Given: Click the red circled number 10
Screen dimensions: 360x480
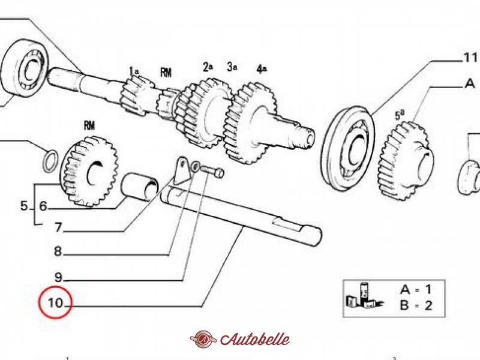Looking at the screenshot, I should [x=55, y=304].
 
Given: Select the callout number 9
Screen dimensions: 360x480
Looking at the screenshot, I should [x=58, y=277].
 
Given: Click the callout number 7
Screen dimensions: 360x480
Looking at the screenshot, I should [x=58, y=228].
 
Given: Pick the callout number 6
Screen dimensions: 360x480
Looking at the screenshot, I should [x=43, y=206].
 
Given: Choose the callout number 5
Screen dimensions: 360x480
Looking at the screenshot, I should [x=24, y=206].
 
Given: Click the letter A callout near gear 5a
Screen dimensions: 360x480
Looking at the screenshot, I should [x=469, y=84].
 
